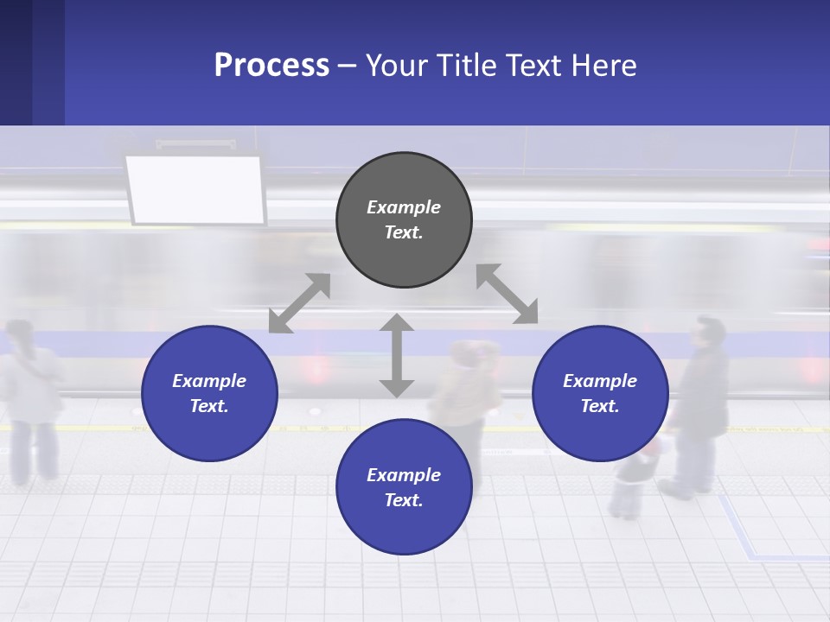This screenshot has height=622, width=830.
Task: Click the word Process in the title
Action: point(271,66)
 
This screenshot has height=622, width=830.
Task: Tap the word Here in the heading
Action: point(603,66)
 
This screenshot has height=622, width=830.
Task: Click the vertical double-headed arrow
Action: point(397,355)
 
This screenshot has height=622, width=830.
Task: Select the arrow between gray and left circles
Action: point(300,302)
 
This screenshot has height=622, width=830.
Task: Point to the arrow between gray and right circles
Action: point(507,294)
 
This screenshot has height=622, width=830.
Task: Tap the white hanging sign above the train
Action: point(195,189)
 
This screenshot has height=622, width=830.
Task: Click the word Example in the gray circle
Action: point(404,207)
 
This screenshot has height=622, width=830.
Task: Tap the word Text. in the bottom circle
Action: point(404,500)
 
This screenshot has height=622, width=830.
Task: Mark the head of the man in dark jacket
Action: point(710,333)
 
